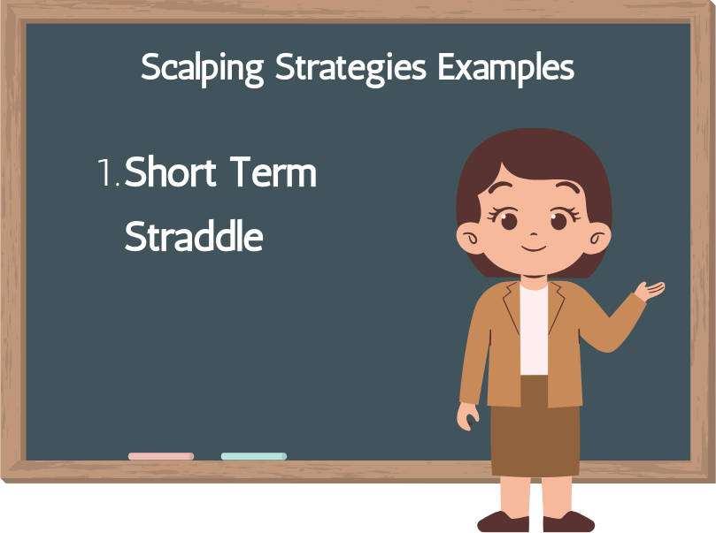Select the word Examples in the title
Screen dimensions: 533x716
[x=505, y=67]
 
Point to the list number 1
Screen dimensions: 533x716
[x=108, y=173]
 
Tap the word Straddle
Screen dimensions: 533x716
[x=194, y=236]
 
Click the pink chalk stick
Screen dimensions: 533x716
[x=161, y=456]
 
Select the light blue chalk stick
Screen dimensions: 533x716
[x=254, y=456]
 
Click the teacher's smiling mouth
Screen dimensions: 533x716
[x=534, y=247]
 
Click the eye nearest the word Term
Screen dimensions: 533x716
[x=508, y=219]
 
